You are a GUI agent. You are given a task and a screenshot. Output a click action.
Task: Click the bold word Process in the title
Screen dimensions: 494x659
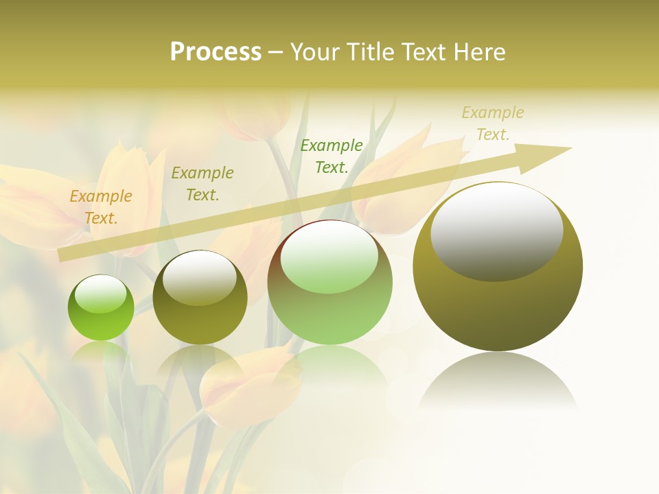click(x=216, y=52)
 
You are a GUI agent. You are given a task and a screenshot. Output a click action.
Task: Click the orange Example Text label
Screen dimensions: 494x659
click(x=101, y=207)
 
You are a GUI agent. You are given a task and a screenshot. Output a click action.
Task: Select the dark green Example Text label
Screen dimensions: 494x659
click(x=332, y=156)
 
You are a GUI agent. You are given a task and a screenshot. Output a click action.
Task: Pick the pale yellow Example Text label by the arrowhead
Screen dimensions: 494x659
click(x=493, y=123)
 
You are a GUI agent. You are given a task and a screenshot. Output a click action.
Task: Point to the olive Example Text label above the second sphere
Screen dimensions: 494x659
click(x=203, y=183)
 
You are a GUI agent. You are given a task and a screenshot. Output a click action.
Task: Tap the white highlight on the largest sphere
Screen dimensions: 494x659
click(x=497, y=232)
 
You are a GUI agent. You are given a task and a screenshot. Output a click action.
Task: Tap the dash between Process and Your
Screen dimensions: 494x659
click(x=276, y=52)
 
